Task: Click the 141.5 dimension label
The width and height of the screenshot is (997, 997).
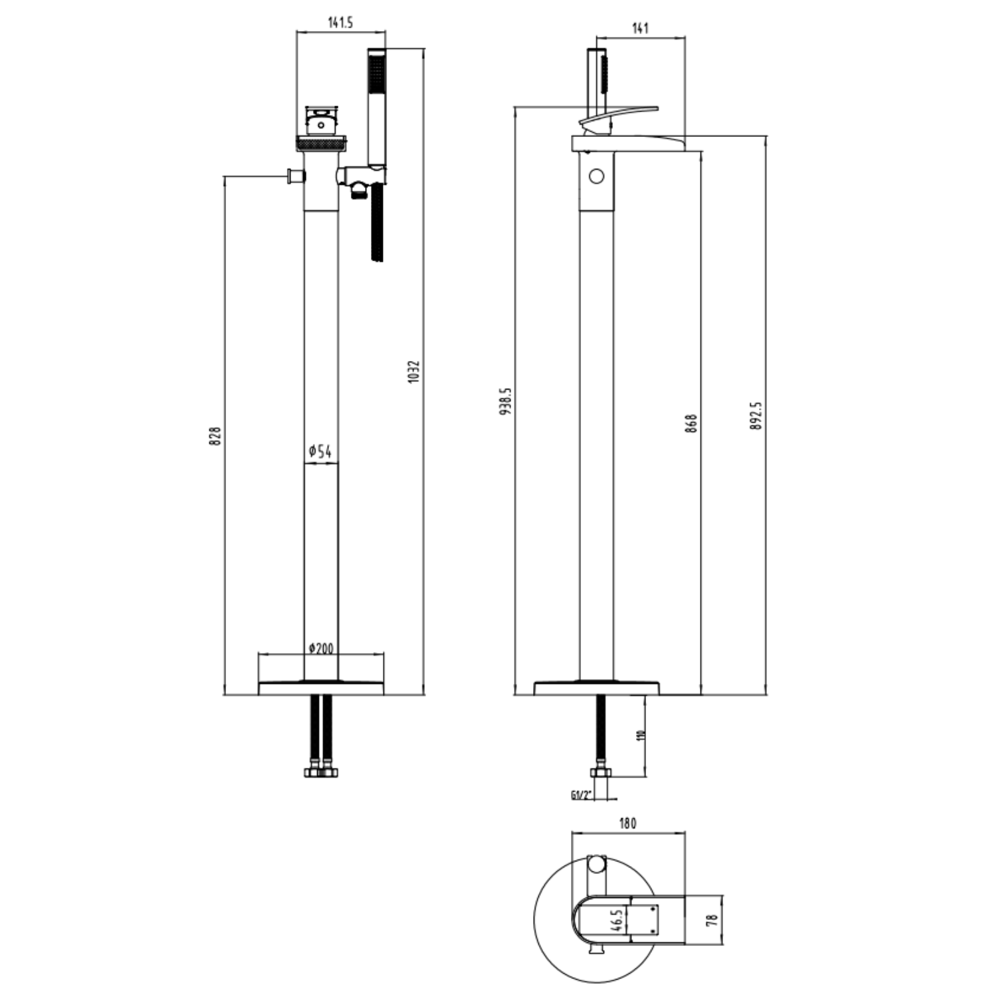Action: (340, 22)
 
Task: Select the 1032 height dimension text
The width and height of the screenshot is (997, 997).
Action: (414, 372)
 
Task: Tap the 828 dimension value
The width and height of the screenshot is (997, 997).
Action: (215, 436)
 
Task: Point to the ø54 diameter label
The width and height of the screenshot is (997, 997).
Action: (320, 452)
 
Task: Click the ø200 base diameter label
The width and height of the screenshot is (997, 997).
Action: (321, 647)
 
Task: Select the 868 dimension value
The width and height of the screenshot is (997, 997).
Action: (691, 423)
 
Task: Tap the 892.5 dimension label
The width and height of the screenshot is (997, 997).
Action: (756, 416)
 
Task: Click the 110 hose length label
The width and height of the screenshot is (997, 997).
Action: (641, 735)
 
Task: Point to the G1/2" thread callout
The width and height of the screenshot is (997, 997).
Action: (580, 795)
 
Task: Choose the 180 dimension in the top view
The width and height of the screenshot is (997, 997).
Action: (627, 824)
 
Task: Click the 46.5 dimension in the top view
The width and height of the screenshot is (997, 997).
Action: (617, 921)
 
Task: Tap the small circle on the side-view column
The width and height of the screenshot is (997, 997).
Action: (596, 177)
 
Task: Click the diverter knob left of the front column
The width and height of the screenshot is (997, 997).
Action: (292, 176)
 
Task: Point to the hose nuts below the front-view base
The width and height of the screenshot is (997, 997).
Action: (320, 772)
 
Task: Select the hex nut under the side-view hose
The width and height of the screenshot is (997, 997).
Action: (600, 773)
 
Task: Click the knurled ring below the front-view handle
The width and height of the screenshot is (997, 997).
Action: (322, 143)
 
